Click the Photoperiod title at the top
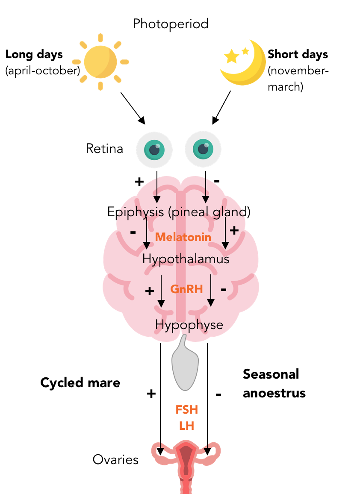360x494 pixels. tap(171, 24)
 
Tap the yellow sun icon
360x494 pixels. tap(100, 62)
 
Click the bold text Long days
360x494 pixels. tap(34, 55)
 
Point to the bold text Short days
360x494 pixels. tap(298, 55)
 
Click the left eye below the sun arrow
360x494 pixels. tap(154, 149)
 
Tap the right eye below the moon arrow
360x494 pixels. tap(203, 149)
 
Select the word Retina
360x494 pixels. tap(104, 149)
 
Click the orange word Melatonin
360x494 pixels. tap(183, 237)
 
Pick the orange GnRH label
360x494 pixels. tap(186, 289)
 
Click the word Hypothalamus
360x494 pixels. tap(186, 259)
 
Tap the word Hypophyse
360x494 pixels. tap(189, 325)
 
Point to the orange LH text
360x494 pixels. tap(187, 426)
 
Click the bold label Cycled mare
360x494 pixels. tap(80, 382)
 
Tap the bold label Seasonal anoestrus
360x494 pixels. tap(274, 383)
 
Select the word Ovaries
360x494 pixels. tap(115, 460)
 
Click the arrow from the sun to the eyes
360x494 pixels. tap(133, 108)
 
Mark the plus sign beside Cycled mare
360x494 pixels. tap(151, 394)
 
